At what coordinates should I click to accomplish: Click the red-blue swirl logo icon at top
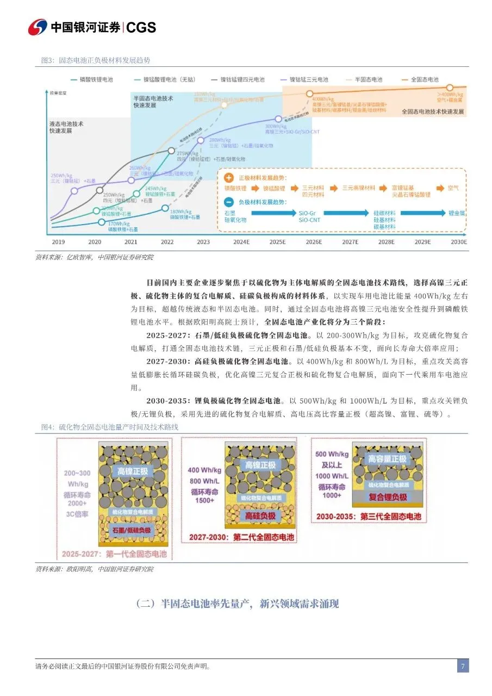click(38, 27)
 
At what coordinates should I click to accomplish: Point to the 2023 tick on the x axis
click(203, 242)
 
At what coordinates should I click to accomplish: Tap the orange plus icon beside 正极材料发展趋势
click(229, 177)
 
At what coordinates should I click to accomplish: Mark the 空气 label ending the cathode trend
click(453, 188)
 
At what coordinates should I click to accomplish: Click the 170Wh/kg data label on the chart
click(119, 223)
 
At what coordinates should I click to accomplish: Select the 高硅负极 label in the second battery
click(261, 515)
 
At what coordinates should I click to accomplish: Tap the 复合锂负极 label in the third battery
click(388, 497)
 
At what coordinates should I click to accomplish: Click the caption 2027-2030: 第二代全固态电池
click(241, 537)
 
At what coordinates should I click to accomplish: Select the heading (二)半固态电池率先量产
click(237, 604)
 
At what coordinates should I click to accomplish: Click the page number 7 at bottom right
click(462, 666)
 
